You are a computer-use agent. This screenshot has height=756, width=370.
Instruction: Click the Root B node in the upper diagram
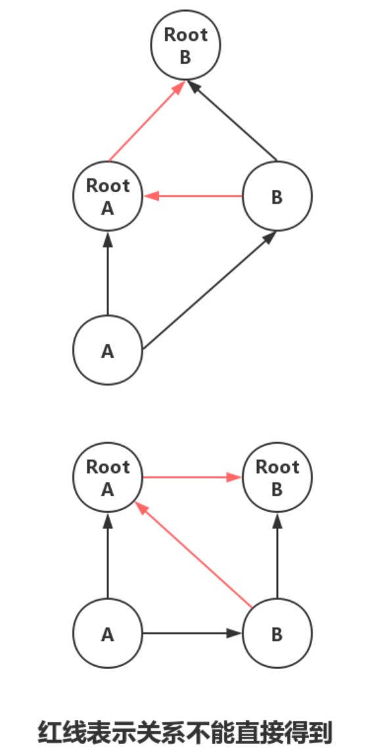185,46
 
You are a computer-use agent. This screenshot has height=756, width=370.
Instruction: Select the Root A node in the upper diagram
108,196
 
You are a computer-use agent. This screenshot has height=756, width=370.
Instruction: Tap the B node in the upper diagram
277,196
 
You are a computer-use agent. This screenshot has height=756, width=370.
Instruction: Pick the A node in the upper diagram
108,350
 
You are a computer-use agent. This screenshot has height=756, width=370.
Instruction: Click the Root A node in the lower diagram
108,477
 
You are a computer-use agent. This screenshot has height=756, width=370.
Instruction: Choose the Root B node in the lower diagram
277,477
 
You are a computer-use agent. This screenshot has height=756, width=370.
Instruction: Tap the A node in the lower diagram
108,634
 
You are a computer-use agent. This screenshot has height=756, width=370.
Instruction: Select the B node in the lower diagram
277,634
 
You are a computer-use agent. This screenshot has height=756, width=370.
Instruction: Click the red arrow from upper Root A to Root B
147,121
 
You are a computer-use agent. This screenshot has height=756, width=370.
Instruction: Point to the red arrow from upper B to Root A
193,196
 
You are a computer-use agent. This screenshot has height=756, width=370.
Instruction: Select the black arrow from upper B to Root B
232,121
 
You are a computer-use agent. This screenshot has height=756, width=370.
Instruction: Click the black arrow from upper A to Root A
108,273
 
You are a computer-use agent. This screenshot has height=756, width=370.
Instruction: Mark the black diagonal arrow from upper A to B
210,290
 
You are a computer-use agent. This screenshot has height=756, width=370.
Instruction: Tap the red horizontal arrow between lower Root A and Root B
193,477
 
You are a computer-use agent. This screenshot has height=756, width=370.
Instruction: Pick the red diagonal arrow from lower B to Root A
193,555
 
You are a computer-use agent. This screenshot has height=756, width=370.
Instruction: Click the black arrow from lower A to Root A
108,555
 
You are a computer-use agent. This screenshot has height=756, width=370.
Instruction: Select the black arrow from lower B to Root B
277,555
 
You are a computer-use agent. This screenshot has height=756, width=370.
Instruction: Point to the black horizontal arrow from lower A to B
193,634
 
